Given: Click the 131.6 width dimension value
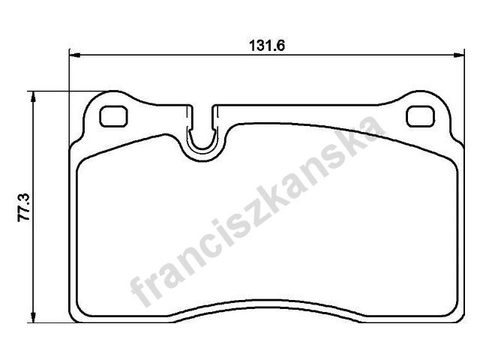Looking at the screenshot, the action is [267, 46].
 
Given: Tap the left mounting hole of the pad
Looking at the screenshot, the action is [113, 116].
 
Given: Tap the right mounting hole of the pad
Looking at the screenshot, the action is [421, 116].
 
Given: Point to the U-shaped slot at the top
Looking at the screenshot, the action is [202, 147].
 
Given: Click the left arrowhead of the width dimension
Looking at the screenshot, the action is [75, 55].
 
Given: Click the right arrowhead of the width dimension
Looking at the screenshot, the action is [459, 55].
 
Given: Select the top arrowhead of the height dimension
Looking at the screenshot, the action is [33, 97].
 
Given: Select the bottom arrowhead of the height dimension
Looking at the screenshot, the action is [33, 316].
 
